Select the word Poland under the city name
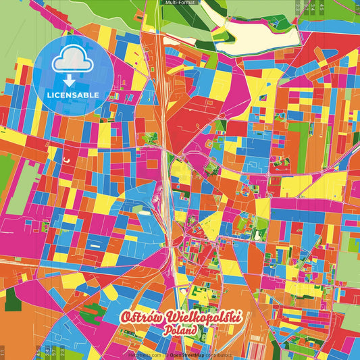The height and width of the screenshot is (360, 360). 180,331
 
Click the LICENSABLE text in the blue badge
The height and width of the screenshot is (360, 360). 74,94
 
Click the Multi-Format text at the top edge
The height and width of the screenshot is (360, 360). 180,3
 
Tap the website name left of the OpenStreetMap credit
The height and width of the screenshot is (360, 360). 144,354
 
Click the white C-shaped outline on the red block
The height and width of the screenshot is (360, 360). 66,159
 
